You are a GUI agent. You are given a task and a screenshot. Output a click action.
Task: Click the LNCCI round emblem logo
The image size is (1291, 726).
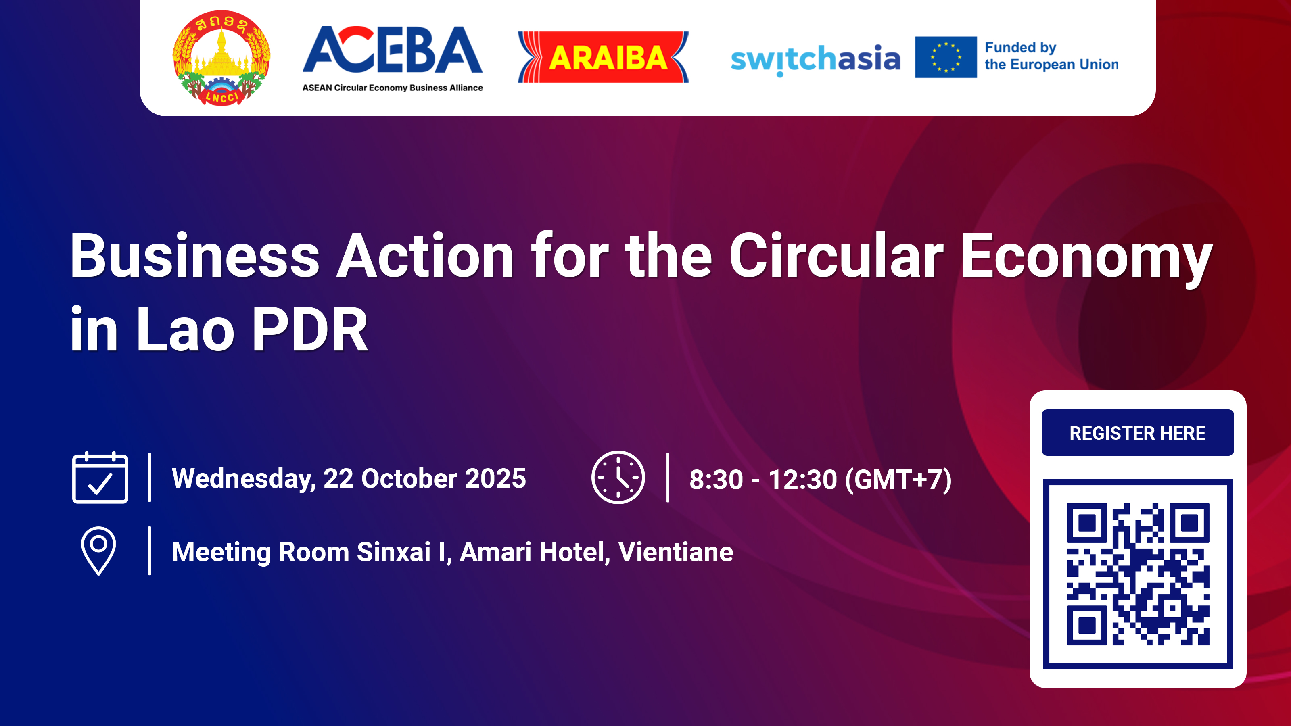coord(221,58)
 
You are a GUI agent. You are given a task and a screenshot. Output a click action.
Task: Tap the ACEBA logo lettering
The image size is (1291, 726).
coord(393,50)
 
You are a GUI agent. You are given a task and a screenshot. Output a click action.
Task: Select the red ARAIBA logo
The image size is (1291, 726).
coord(603,57)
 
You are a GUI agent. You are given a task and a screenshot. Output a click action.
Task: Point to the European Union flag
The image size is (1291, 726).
coord(946,57)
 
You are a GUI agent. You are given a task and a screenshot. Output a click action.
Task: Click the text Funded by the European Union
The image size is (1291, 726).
coord(1051,56)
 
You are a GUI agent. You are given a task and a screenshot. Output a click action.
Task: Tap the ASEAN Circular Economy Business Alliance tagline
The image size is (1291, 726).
coord(393,88)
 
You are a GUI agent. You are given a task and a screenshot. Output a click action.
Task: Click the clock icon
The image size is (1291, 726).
coord(618,478)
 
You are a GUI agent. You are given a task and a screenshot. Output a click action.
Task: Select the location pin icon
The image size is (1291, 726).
coord(99,550)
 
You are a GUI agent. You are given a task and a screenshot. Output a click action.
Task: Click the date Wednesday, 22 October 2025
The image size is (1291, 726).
coord(349,478)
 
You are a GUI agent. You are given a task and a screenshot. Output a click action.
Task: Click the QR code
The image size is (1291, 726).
coord(1138,574)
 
